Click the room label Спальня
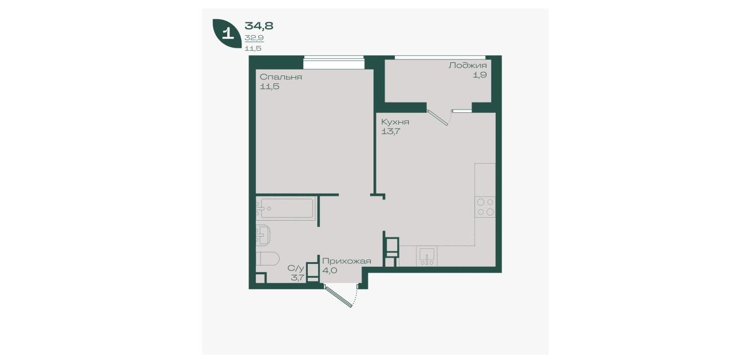coord(281,77)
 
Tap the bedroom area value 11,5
coord(270,86)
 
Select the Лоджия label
coord(468,65)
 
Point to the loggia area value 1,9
coord(480,75)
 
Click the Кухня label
coord(395,122)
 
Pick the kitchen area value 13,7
coord(391,131)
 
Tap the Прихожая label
coord(346,261)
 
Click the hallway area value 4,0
coord(330,270)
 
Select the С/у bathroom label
coord(296,268)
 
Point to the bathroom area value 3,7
coord(297,277)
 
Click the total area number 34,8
coord(259,25)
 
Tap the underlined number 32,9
coord(254,38)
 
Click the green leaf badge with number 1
coord(227,33)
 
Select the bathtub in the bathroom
coord(285,208)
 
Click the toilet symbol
coord(267,258)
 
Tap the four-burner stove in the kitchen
coord(485,207)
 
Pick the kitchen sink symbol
coord(427,256)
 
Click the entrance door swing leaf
coord(338,296)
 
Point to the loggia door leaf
coord(438,118)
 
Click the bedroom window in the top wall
coord(333,63)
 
